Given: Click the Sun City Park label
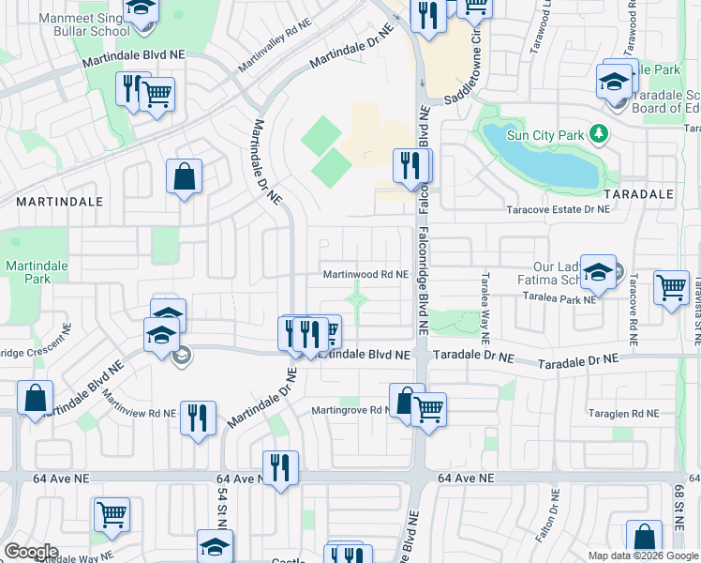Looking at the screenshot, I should pyautogui.click(x=545, y=134).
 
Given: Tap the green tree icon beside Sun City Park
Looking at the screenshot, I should pyautogui.click(x=598, y=134).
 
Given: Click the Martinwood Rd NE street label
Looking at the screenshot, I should pyautogui.click(x=365, y=274).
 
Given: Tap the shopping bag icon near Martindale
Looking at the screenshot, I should pyautogui.click(x=185, y=176).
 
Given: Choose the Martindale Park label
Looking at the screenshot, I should pyautogui.click(x=37, y=272).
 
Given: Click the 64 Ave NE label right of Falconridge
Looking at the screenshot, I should pyautogui.click(x=465, y=479).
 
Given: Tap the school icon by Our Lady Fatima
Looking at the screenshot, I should pyautogui.click(x=598, y=272).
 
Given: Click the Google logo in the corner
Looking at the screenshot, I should pyautogui.click(x=31, y=551).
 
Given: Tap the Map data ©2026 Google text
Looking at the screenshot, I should pyautogui.click(x=643, y=555).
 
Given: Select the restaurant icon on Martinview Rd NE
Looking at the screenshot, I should pyautogui.click(x=198, y=418).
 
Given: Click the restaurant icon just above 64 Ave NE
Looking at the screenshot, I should pyautogui.click(x=280, y=467).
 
